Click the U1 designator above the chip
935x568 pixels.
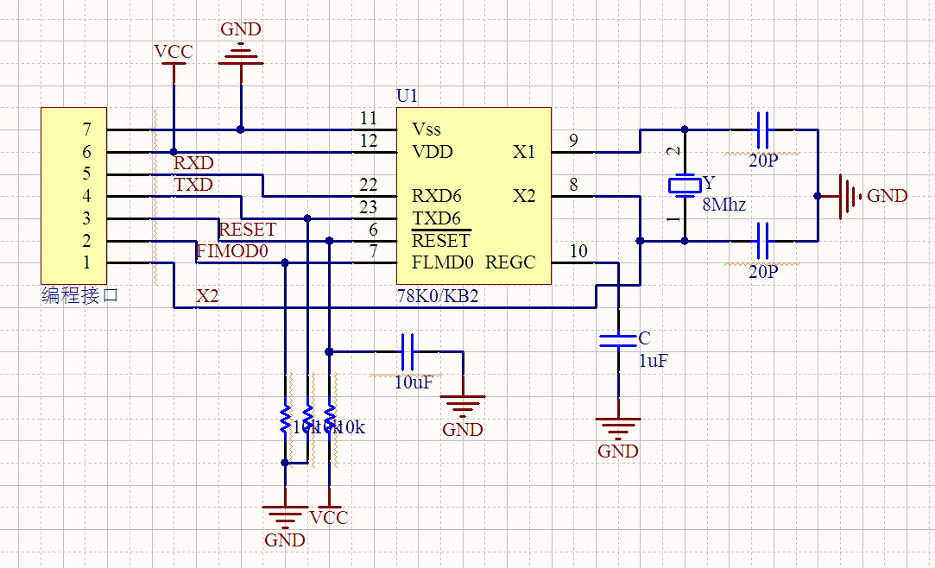(407, 95)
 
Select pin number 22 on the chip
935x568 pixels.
(369, 185)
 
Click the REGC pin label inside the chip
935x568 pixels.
(510, 262)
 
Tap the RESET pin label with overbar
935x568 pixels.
(440, 241)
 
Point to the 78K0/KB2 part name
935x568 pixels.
(437, 295)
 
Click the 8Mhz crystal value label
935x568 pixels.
(724, 205)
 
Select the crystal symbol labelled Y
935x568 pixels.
(685, 185)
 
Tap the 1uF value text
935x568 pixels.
(653, 362)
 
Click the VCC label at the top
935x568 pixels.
(173, 53)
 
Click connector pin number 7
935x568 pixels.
(86, 129)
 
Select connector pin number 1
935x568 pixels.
(86, 262)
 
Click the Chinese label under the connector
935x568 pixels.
(79, 296)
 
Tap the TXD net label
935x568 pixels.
(193, 185)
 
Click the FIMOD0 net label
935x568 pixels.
(233, 251)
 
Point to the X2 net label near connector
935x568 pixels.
(207, 296)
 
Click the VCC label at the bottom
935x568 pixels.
(328, 518)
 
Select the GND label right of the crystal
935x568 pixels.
(887, 196)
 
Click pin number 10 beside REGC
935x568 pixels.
(579, 251)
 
